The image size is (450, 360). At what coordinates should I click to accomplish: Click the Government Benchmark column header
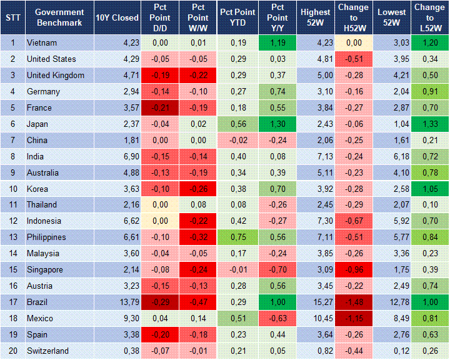coord(59,17)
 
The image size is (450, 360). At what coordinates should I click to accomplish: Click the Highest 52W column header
coord(315,17)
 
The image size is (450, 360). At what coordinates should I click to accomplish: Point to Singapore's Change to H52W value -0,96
coord(354,270)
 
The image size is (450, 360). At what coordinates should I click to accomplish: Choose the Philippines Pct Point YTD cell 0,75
coord(237,237)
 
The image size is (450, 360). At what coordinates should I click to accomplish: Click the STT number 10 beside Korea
coord(12,189)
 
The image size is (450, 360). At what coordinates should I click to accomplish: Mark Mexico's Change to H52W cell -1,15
coord(354,319)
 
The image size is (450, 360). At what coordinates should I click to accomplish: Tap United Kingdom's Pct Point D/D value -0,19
coord(160,76)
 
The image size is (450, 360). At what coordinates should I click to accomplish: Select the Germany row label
coord(43,92)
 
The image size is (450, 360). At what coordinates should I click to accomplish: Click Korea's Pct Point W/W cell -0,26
coord(198,189)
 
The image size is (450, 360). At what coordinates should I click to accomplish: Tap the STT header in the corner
coord(12,17)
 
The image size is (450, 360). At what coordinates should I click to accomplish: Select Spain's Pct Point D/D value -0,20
coord(160,335)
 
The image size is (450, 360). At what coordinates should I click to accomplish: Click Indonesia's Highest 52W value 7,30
coord(315,221)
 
